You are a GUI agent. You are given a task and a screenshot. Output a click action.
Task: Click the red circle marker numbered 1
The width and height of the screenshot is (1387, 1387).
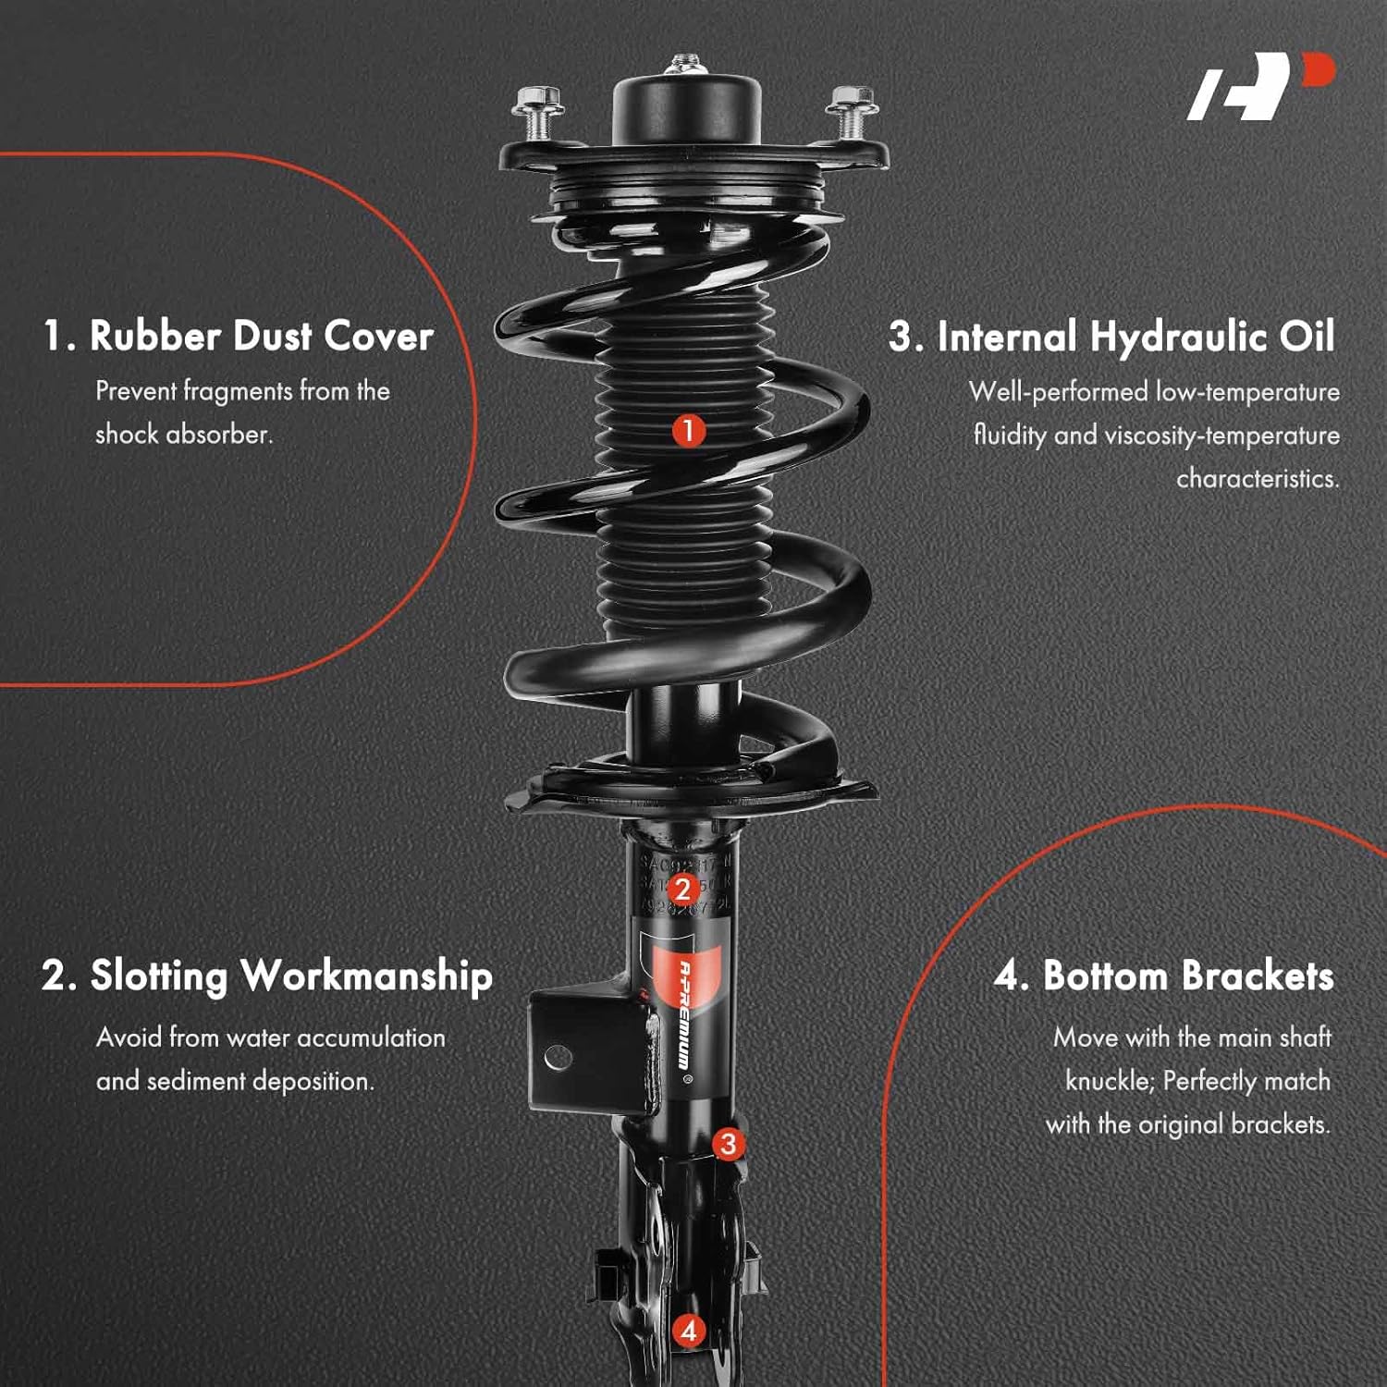(x=688, y=430)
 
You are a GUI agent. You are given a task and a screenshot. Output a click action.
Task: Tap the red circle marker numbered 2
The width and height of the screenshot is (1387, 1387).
(x=682, y=890)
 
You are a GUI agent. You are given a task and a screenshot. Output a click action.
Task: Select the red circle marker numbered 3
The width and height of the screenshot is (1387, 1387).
(x=729, y=1144)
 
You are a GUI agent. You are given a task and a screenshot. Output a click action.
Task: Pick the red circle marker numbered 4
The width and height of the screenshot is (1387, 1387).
(x=688, y=1332)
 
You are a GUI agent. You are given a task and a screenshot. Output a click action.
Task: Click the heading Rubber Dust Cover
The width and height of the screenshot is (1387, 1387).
(x=238, y=336)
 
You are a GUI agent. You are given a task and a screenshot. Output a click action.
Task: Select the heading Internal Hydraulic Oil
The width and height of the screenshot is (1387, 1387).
(x=1111, y=337)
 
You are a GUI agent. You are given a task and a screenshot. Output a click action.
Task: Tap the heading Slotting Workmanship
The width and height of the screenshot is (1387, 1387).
(x=267, y=976)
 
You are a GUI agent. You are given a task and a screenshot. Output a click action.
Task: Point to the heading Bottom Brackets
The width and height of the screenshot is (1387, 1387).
(x=1163, y=976)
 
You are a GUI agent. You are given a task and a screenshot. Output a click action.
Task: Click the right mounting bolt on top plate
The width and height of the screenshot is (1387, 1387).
(x=852, y=109)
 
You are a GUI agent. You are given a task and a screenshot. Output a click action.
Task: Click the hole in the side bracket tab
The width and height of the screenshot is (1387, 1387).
(x=558, y=1057)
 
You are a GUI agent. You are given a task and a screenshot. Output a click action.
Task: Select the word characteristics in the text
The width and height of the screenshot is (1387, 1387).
(x=1257, y=478)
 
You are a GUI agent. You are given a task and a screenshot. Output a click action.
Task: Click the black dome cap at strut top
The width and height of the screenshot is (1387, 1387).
(x=686, y=111)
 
